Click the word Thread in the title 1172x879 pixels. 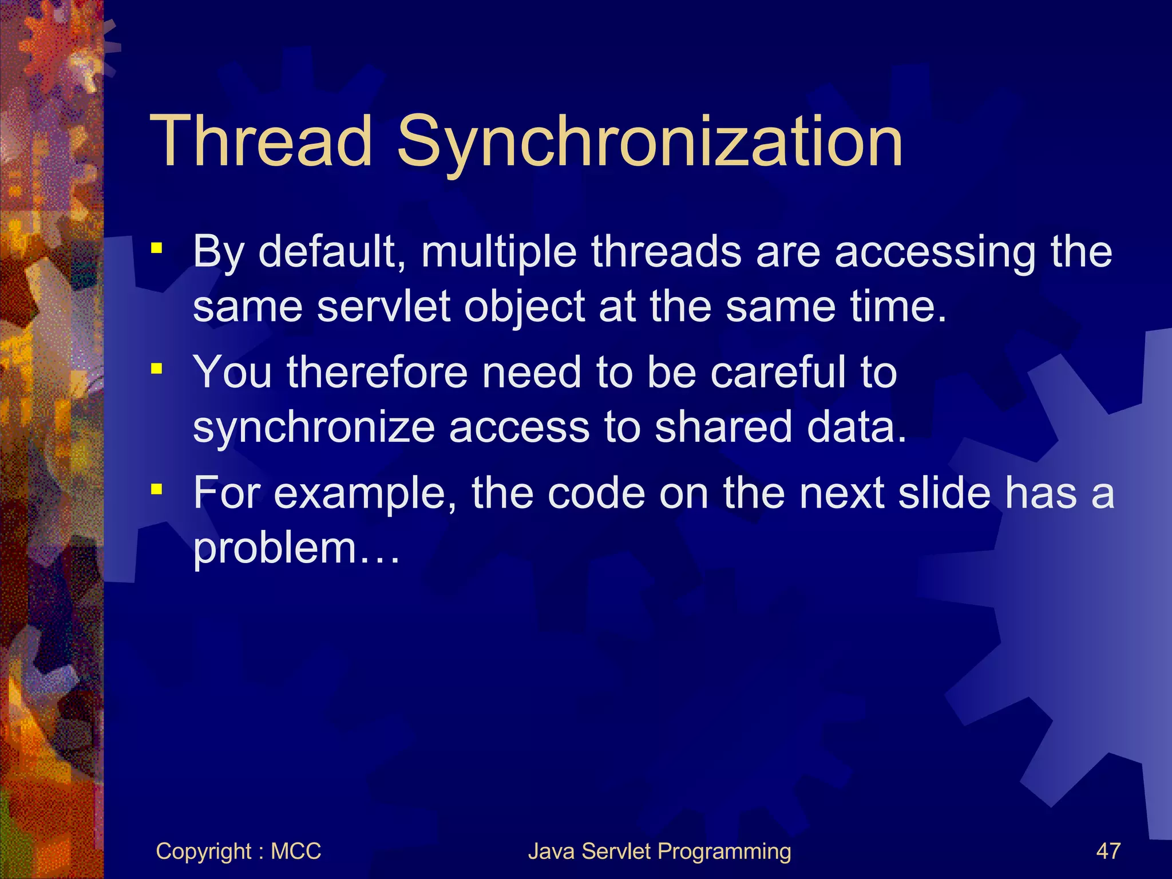tap(261, 141)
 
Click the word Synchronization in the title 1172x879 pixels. tap(650, 143)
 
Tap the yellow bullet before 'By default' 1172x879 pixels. tap(156, 249)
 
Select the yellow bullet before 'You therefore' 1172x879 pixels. tap(156, 369)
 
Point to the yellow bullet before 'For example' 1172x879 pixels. tap(156, 490)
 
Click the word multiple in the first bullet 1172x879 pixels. tap(498, 253)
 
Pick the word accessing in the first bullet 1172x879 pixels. tap(935, 253)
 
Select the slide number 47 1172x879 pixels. tap(1108, 852)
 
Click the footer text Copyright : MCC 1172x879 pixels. tap(238, 852)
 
